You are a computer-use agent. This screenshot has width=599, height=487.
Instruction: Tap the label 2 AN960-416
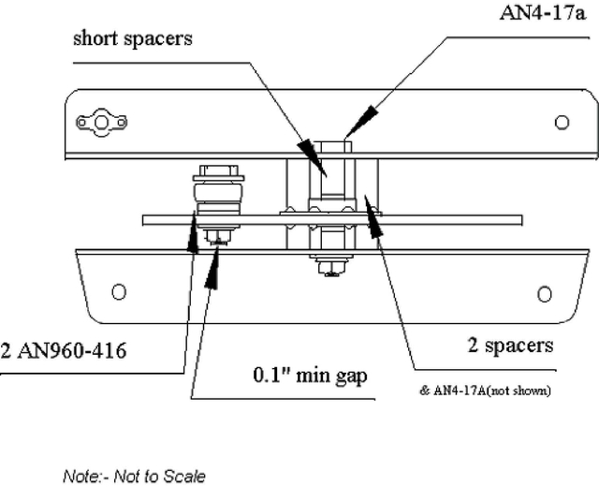pyautogui.click(x=64, y=351)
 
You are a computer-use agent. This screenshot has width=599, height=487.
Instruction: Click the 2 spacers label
pyautogui.click(x=510, y=346)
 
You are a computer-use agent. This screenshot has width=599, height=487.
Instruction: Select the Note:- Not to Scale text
pyautogui.click(x=134, y=476)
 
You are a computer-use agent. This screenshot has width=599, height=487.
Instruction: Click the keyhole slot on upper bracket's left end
pyautogui.click(x=102, y=122)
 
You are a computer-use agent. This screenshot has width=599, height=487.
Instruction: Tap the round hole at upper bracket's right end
pyautogui.click(x=562, y=122)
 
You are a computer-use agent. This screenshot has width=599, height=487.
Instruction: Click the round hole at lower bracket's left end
pyautogui.click(x=119, y=291)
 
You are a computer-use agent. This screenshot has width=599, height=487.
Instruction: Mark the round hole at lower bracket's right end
pyautogui.click(x=545, y=293)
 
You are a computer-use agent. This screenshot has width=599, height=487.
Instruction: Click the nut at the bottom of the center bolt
pyautogui.click(x=330, y=268)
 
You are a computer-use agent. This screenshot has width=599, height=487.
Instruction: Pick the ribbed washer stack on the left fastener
pyautogui.click(x=217, y=197)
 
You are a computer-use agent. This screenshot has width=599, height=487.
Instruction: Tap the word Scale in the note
pyautogui.click(x=185, y=476)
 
